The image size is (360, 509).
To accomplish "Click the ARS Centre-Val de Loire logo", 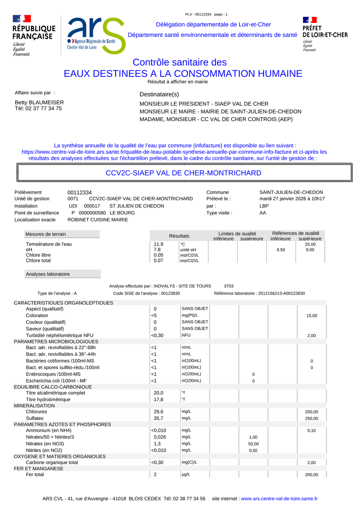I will pyautogui.click(x=96, y=36).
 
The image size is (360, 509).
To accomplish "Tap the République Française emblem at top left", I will pyautogui.click(x=34, y=35).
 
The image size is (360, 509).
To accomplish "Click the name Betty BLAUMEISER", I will pyautogui.click(x=39, y=102).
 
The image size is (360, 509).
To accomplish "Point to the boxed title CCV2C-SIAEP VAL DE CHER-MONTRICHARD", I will pyautogui.click(x=184, y=173).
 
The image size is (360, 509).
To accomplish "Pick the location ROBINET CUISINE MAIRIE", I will pyautogui.click(x=98, y=220).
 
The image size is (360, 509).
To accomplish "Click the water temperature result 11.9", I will pyautogui.click(x=158, y=244).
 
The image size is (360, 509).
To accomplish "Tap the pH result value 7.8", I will pyautogui.click(x=157, y=250).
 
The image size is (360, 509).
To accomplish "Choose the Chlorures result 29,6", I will pyautogui.click(x=158, y=412).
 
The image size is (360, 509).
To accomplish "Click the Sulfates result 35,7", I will pyautogui.click(x=158, y=418).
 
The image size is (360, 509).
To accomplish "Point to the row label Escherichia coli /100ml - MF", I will pyautogui.click(x=56, y=381).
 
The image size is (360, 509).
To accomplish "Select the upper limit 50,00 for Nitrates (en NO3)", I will pyautogui.click(x=254, y=444).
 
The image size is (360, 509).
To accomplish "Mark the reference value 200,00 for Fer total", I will pyautogui.click(x=312, y=475).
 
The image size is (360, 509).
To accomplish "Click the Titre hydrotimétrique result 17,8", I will pyautogui.click(x=158, y=399).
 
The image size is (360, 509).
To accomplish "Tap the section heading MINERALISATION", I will pyautogui.click(x=34, y=405).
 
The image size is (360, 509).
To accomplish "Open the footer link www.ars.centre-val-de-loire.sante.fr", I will pyautogui.click(x=279, y=499).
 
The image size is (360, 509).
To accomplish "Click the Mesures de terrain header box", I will pyautogui.click(x=62, y=234).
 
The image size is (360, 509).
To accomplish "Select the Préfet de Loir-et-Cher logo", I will pyautogui.click(x=324, y=34).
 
